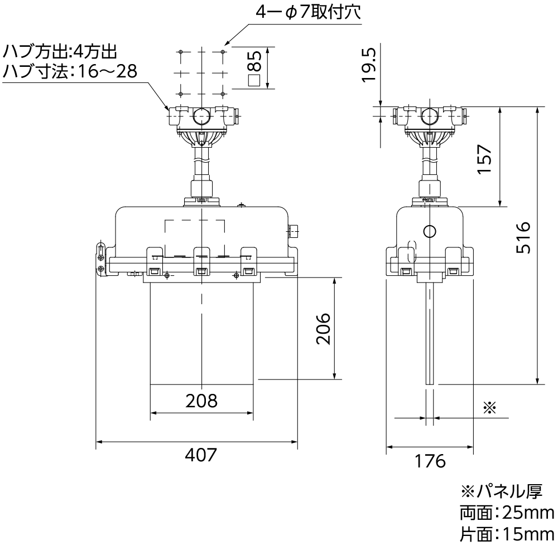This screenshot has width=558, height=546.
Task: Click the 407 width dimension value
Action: (x=201, y=454)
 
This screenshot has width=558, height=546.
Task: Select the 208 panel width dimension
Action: (x=201, y=401)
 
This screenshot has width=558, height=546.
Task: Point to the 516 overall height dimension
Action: (x=523, y=237)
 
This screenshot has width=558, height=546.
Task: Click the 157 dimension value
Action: (x=484, y=159)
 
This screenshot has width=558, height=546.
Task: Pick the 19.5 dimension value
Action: (x=369, y=65)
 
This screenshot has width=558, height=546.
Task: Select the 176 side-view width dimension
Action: (x=430, y=461)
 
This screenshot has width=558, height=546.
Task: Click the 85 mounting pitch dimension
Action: (x=254, y=67)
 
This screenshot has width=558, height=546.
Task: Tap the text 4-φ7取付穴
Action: (x=308, y=12)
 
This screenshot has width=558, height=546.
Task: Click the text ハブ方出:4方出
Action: (x=60, y=52)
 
